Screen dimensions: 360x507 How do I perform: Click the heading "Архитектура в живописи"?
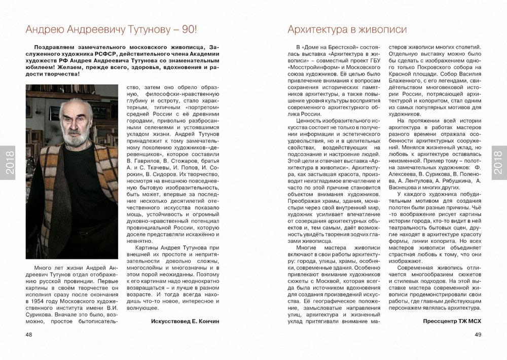coord(347,29)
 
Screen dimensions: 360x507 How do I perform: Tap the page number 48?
coord(29,335)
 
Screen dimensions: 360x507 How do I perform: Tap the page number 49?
coord(478,335)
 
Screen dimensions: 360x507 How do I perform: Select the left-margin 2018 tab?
coord(8,162)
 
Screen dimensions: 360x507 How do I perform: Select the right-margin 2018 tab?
coord(499,162)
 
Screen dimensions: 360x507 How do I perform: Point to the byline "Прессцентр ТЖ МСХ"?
coord(452,321)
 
